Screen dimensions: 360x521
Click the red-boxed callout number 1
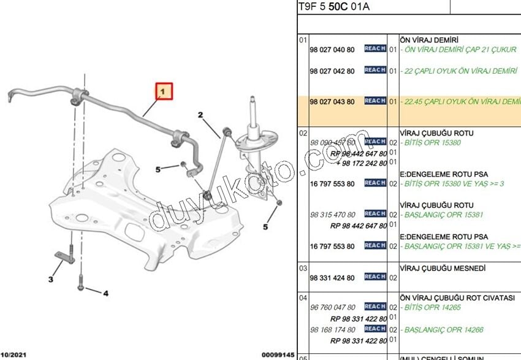tap(164, 92)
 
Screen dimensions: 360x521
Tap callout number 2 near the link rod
tap(200, 115)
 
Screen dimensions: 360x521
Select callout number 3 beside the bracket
tap(51, 280)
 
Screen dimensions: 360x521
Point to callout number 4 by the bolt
tap(105, 293)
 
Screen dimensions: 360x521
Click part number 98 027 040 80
tap(332, 49)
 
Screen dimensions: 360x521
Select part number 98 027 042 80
tap(332, 71)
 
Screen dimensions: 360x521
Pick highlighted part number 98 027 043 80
tap(332, 101)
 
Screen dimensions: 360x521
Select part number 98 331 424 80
tap(332, 278)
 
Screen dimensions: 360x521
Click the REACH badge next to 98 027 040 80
tap(375, 48)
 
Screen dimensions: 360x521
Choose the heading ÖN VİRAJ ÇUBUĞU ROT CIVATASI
tap(457, 297)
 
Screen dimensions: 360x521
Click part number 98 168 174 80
tap(332, 330)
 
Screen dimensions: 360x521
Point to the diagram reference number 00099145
tap(278, 355)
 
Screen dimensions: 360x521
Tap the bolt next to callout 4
tap(80, 286)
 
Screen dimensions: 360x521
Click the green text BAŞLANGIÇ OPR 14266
tap(444, 330)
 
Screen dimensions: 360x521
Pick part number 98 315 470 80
tap(332, 215)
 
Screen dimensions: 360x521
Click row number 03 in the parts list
tap(303, 269)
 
